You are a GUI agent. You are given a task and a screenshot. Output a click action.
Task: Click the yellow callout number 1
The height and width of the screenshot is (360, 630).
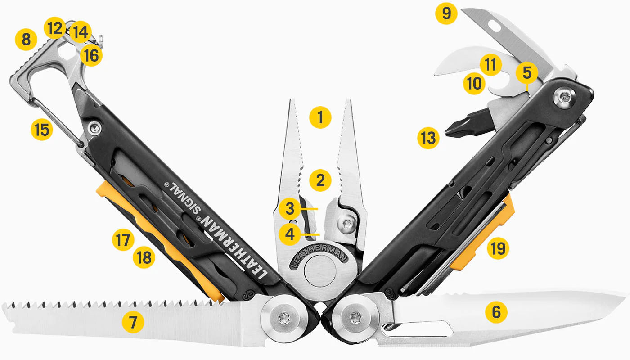coord(320,118)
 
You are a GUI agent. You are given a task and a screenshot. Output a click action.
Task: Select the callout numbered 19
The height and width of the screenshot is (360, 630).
coord(499,248)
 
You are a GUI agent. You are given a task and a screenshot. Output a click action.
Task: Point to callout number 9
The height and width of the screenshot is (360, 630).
coord(446,13)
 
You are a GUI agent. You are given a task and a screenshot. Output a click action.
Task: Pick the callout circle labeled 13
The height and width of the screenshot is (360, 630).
coord(427,138)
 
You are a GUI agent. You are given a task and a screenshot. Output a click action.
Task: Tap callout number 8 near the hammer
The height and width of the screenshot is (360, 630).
coord(26,40)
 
